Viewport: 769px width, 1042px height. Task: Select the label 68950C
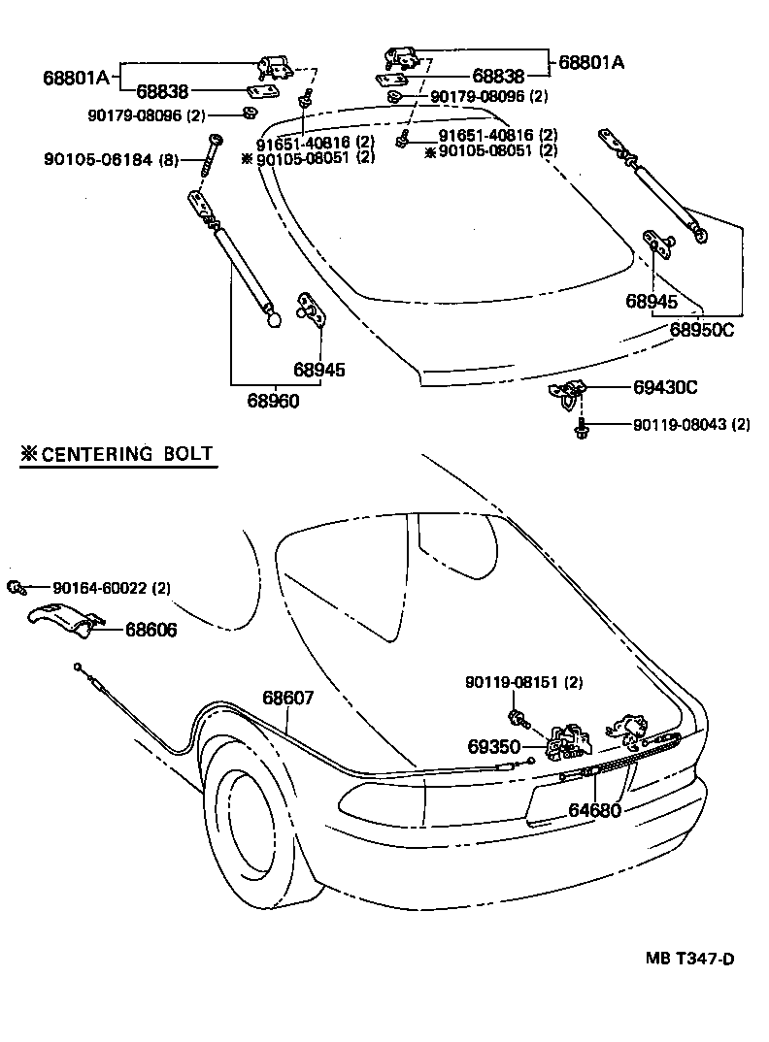701,330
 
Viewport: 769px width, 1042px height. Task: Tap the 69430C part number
665,387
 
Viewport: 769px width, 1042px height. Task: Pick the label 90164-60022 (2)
112,588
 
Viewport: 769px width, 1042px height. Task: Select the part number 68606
150,630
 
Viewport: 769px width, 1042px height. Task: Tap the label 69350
494,747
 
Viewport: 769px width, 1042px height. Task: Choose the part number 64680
595,809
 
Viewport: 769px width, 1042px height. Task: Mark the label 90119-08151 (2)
524,683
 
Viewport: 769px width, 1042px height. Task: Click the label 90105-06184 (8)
110,159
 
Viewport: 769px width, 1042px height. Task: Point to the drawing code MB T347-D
690,960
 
